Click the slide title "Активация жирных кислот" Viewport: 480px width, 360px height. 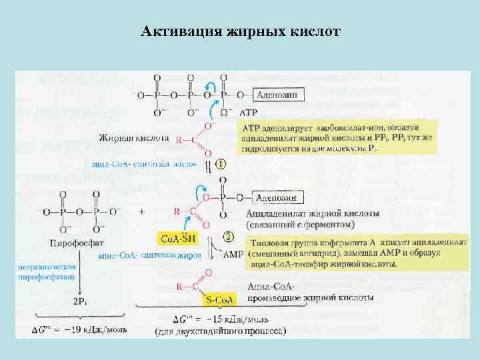pos(241,31)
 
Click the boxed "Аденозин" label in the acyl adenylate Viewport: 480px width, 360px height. pos(279,198)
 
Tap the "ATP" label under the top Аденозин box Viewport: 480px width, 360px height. pos(247,113)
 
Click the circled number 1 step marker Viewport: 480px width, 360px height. pos(219,162)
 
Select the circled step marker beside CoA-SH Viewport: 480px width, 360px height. pos(229,236)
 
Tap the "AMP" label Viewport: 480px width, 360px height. pos(233,255)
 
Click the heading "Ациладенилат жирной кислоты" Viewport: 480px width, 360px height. pos(313,214)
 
